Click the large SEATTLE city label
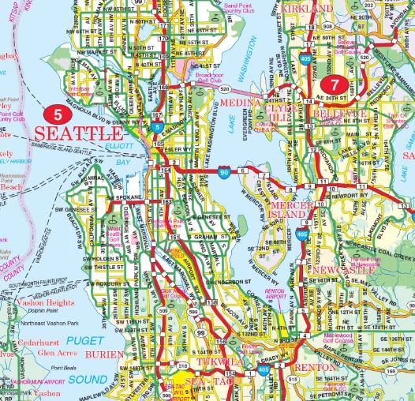pos(80,133)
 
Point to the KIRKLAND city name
pos(305,8)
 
